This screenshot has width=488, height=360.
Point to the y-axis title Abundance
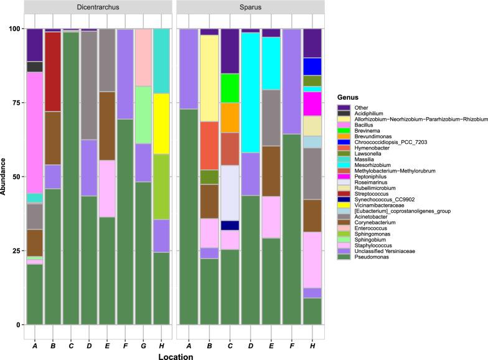5,176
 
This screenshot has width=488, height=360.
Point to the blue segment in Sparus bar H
312,66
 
